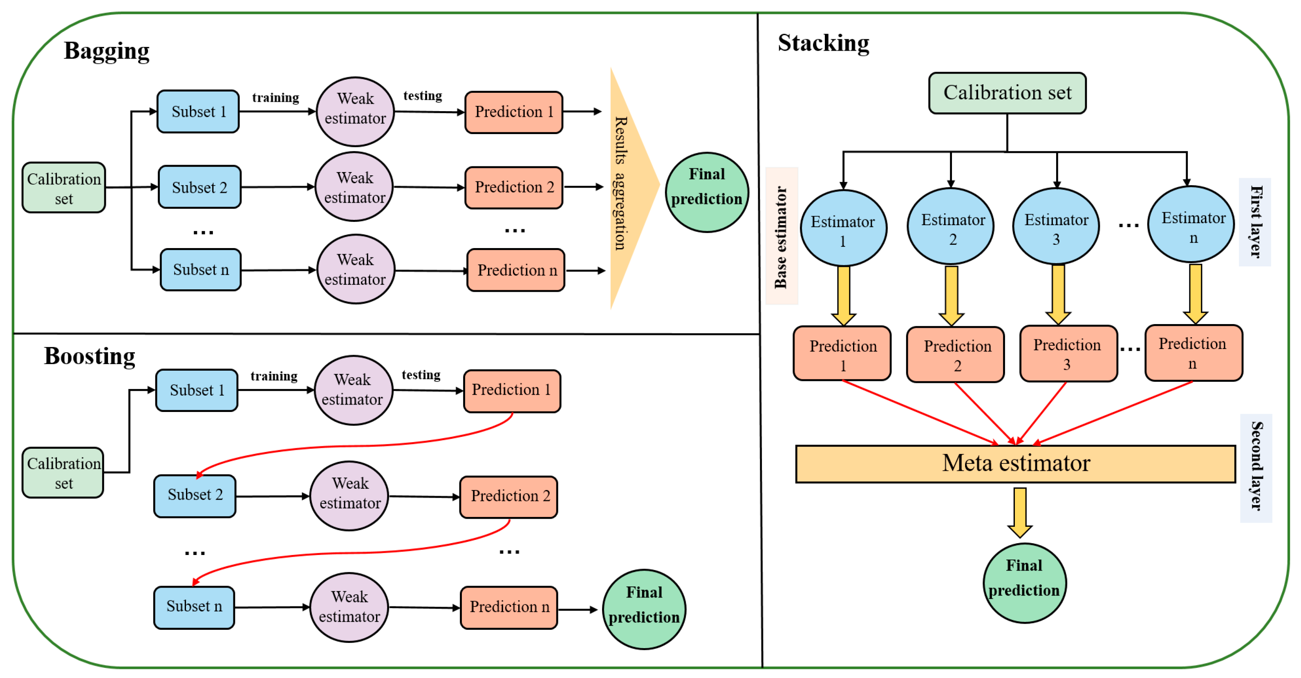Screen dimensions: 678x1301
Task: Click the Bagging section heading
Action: click(107, 51)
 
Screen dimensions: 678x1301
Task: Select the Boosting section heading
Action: click(90, 356)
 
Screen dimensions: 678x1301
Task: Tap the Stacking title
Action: click(823, 43)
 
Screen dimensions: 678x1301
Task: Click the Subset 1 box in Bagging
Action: click(198, 112)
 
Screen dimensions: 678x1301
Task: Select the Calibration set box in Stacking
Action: click(1007, 93)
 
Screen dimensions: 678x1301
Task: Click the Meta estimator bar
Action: click(1016, 464)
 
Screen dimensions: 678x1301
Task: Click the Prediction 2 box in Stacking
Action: click(956, 355)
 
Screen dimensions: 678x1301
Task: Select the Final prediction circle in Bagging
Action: click(707, 192)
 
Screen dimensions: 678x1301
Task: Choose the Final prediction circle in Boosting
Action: click(644, 609)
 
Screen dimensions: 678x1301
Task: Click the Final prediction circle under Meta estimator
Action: click(1024, 583)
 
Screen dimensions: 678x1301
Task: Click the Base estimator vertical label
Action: click(781, 236)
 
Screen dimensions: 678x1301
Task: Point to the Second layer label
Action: click(1256, 468)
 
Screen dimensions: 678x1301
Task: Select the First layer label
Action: click(1255, 222)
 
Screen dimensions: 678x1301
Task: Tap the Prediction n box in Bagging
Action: click(516, 271)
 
